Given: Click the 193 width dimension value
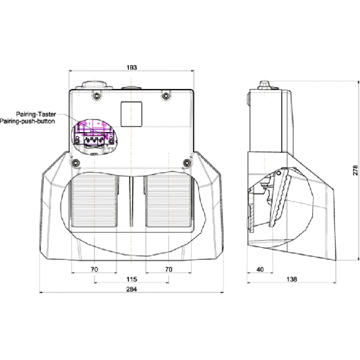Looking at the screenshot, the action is [x=131, y=68].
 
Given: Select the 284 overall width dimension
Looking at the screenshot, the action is [x=131, y=289].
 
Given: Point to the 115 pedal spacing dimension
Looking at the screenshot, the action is [x=131, y=279].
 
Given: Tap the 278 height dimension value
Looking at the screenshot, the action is [x=355, y=170].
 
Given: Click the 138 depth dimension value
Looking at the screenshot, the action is [x=292, y=279].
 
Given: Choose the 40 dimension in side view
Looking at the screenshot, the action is [x=260, y=269].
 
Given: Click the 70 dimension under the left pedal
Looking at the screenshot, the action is [x=95, y=269].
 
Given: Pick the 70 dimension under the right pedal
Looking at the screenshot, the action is [x=168, y=269].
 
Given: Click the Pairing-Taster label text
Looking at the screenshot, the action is [x=36, y=114].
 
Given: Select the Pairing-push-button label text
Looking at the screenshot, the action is [x=27, y=121].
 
